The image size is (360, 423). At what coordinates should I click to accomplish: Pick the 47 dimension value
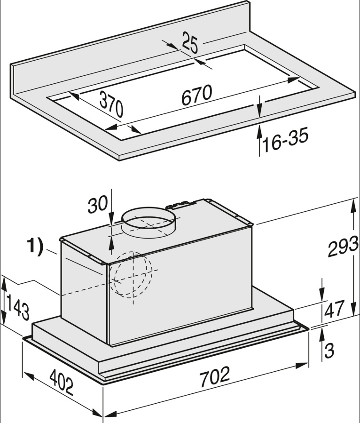click(334, 310)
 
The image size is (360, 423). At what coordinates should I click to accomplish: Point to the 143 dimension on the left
click(18, 306)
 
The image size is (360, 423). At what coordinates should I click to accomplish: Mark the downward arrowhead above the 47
click(322, 295)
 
